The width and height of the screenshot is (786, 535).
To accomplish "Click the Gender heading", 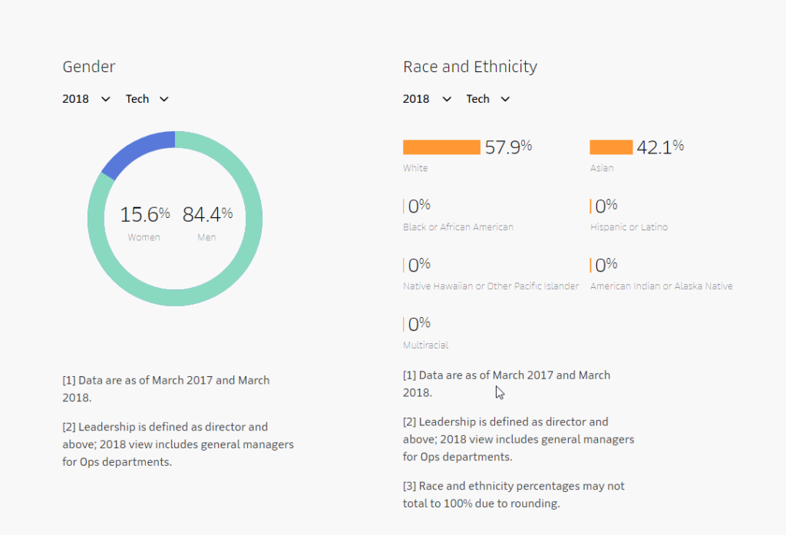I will point(89,67).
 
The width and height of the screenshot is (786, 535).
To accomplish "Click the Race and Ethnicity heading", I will point(470,67).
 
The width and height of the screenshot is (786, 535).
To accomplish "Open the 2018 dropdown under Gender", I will point(86,99).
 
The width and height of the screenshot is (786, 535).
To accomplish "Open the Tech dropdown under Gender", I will point(147,99).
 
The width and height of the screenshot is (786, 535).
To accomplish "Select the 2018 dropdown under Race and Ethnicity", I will point(427,99).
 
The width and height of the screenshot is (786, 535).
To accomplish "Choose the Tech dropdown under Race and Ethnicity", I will point(487,99).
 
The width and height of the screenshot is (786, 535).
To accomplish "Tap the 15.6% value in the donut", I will point(144,214).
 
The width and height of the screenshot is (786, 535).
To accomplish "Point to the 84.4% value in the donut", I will point(207,214).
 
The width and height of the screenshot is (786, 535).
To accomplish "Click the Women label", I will point(144,237).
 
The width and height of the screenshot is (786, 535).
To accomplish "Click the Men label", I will point(206,237).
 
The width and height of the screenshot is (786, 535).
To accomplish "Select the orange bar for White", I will point(441,147).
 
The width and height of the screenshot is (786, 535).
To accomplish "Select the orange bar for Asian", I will point(611,147).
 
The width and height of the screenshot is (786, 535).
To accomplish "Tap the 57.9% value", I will point(508,147).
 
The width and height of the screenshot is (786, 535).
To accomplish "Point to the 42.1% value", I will point(660,147).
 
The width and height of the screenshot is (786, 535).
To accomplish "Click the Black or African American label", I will point(458,227).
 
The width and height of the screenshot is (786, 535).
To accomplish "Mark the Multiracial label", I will point(425,345).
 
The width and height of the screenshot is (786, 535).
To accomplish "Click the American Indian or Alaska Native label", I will point(661,286).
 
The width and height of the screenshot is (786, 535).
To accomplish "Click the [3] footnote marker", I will point(409,487).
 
